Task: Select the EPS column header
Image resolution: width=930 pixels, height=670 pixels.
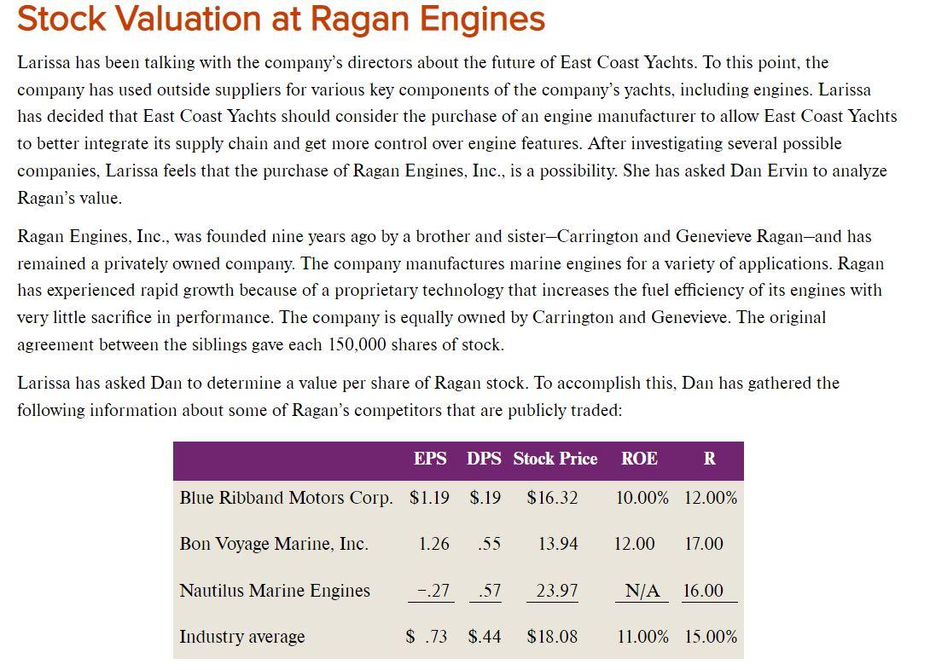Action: click(x=430, y=459)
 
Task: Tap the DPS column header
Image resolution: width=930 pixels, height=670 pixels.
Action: click(x=484, y=459)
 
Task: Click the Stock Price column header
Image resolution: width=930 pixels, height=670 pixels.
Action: click(x=555, y=459)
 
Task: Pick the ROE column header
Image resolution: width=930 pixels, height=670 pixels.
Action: click(x=639, y=459)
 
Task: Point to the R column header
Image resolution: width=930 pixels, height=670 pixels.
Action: click(x=709, y=459)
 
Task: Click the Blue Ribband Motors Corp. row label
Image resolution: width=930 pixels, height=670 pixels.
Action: click(x=287, y=498)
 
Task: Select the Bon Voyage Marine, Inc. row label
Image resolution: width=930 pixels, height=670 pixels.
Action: click(x=274, y=544)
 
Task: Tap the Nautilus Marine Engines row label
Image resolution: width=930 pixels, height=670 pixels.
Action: click(x=275, y=591)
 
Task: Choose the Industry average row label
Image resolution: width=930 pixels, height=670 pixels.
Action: click(x=242, y=637)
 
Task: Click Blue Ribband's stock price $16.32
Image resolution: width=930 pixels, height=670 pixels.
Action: click(x=552, y=498)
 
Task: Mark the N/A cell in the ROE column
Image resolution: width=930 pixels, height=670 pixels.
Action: click(x=642, y=591)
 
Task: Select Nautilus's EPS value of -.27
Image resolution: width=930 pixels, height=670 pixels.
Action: click(x=433, y=591)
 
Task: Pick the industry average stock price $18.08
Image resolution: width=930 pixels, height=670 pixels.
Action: click(x=552, y=637)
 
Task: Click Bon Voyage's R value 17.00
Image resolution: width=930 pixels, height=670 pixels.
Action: click(x=703, y=544)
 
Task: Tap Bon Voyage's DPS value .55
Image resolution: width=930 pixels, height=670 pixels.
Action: click(x=489, y=544)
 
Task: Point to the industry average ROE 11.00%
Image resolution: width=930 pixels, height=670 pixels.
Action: click(x=642, y=637)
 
